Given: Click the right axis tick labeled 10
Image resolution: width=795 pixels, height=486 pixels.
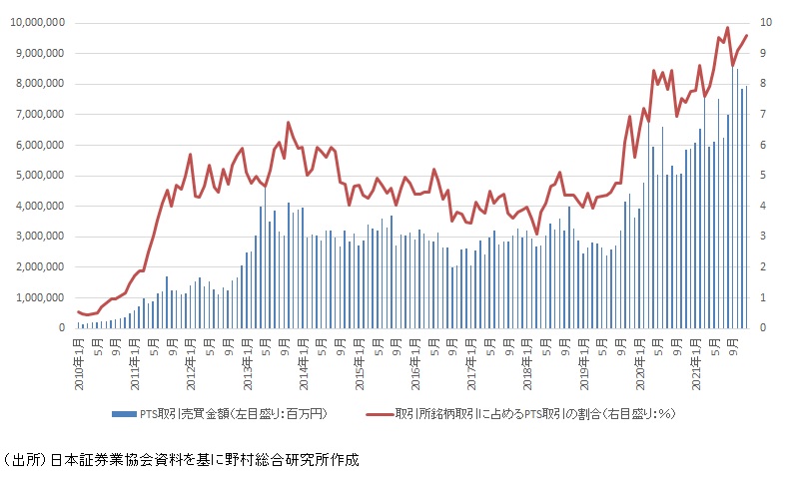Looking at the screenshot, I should click(x=765, y=23).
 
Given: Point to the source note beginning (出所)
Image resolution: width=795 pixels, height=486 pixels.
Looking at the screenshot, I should click(x=180, y=460).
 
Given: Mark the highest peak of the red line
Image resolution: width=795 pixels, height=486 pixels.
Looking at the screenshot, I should click(x=727, y=28).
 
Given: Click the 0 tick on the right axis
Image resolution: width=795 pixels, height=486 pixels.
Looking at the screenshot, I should click(x=764, y=328).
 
